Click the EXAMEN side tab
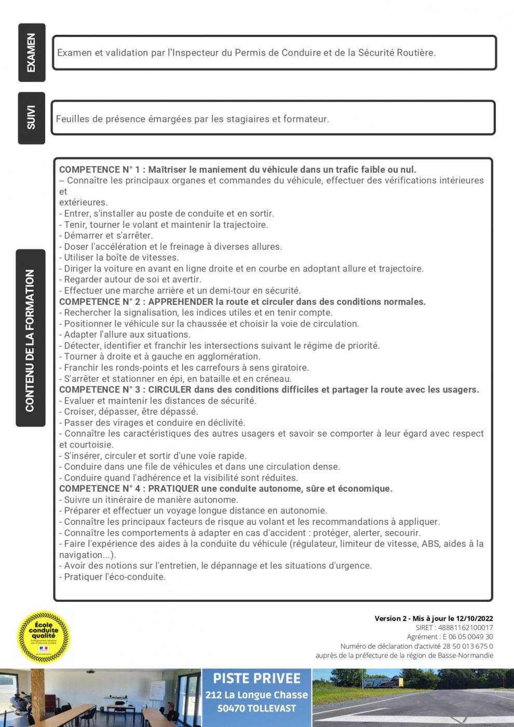coord(32,52)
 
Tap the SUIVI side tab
coord(32,118)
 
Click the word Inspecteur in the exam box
coord(193,52)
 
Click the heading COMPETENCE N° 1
coord(100,169)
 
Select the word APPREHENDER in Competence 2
coord(181,302)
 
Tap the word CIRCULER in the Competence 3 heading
coord(170,389)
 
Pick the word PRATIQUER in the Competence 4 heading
coord(173,489)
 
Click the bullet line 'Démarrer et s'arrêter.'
coord(108,235)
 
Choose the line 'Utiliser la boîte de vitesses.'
coord(121,258)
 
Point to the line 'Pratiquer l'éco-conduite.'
coord(115,577)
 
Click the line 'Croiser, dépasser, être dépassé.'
coord(131,412)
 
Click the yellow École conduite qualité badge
coord(44,637)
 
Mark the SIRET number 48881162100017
coord(466,628)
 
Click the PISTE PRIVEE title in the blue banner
coord(257,679)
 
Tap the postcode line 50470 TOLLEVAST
coord(257,708)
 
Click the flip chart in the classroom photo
coord(154,690)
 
